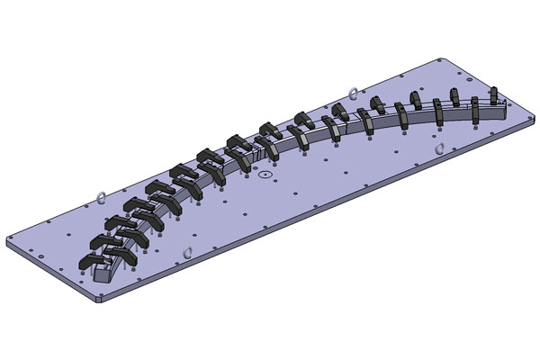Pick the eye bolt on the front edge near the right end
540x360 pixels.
(x=438, y=148)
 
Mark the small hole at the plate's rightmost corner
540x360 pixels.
(x=523, y=115)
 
